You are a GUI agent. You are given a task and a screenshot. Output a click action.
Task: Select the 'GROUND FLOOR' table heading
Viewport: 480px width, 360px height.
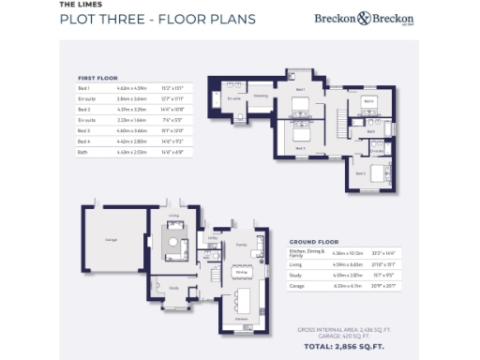(x=313, y=241)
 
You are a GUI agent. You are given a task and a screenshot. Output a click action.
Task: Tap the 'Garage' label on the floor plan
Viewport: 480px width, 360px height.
(x=111, y=240)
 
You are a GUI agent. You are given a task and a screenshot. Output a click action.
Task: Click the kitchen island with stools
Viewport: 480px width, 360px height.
(x=243, y=301)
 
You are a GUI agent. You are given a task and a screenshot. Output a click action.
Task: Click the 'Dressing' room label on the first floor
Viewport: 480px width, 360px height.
(x=261, y=96)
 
